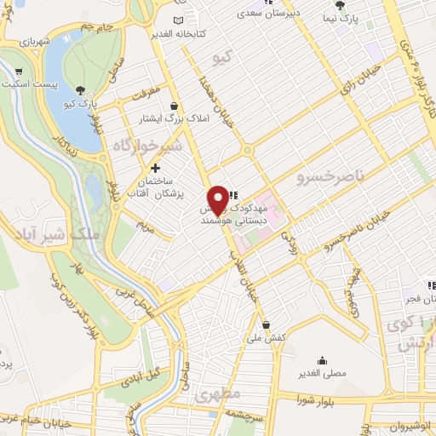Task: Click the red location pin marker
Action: (219, 199)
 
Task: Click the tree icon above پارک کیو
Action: (81, 89)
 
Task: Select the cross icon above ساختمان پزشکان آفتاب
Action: (155, 169)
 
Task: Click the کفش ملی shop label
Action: (266, 339)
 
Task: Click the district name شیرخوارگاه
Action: (148, 147)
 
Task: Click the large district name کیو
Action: (224, 58)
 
